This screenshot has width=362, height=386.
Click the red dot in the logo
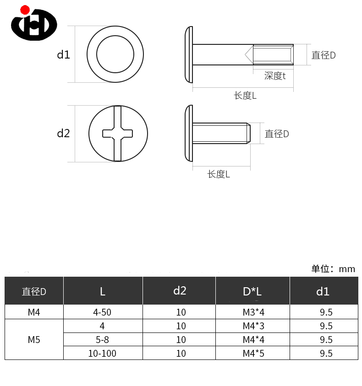[x=25, y=10]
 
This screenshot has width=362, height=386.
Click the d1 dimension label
[x=63, y=54]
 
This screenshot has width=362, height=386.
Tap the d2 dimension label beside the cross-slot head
[x=63, y=133]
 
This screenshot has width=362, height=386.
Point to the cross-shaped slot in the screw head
[x=118, y=134]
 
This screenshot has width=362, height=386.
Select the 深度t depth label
[x=274, y=76]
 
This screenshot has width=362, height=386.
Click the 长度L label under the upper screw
[x=245, y=96]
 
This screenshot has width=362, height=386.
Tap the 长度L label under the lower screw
[x=219, y=174]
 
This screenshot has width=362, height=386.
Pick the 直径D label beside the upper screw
[x=324, y=55]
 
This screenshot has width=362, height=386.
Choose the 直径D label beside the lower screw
[x=277, y=134]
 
